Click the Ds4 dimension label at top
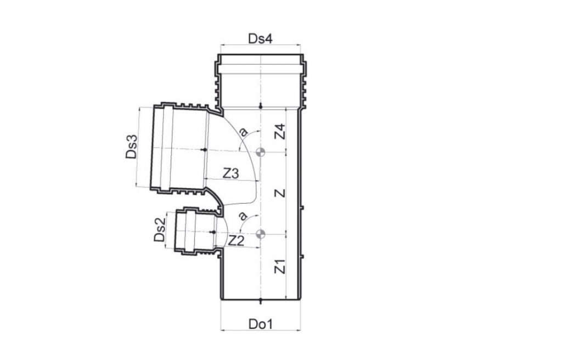point(261,38)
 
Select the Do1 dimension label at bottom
point(261,324)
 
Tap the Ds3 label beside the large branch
point(131,148)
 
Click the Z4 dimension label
point(280,131)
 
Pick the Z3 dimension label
point(231,173)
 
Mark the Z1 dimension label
point(280,267)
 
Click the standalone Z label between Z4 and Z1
point(280,193)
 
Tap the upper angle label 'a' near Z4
point(244,132)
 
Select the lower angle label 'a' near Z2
point(243,216)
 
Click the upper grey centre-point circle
point(261,151)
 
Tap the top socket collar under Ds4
point(261,77)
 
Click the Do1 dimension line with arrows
point(261,331)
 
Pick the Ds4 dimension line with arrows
point(261,44)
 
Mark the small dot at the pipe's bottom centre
point(261,300)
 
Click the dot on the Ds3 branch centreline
point(204,149)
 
